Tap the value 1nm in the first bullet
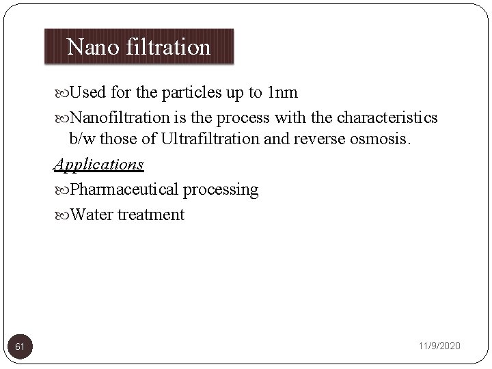(x=282, y=92)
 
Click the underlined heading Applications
(x=99, y=164)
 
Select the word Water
(x=92, y=215)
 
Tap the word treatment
(x=150, y=215)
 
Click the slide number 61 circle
(x=20, y=346)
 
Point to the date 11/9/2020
(x=439, y=346)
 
